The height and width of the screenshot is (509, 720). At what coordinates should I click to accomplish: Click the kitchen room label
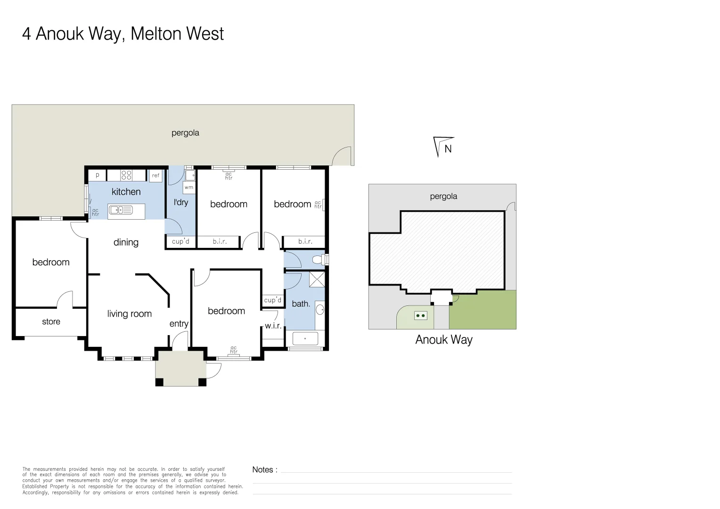click(x=126, y=192)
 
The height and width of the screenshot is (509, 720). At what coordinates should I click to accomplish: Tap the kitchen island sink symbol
click(x=121, y=210)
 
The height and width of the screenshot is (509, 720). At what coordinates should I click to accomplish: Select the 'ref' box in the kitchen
click(x=155, y=175)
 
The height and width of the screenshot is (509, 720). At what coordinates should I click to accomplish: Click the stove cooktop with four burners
click(x=126, y=175)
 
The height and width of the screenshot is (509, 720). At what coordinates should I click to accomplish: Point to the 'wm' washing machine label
click(x=189, y=188)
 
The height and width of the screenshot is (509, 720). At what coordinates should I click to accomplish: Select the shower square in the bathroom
click(x=317, y=279)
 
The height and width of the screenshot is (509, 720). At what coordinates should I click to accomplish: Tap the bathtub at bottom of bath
click(x=305, y=338)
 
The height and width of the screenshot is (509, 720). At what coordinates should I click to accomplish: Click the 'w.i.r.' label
click(x=273, y=326)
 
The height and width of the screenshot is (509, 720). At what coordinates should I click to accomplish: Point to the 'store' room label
click(x=51, y=321)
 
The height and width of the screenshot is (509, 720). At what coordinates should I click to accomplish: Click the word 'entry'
click(x=179, y=324)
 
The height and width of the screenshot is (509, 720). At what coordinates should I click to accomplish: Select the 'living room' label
click(x=129, y=314)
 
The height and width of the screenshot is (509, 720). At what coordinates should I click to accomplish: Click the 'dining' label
click(x=126, y=242)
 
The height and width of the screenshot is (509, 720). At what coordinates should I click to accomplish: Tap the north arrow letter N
click(x=448, y=149)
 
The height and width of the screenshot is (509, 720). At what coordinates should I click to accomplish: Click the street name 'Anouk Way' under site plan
click(x=443, y=340)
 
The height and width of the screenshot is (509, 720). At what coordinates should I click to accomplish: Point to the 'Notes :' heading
click(x=264, y=469)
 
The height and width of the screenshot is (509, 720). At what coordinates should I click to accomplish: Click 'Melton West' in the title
click(x=177, y=34)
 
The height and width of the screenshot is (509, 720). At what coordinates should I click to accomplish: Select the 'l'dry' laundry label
click(x=180, y=202)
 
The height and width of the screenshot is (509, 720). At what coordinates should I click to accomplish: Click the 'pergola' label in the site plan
click(x=443, y=196)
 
